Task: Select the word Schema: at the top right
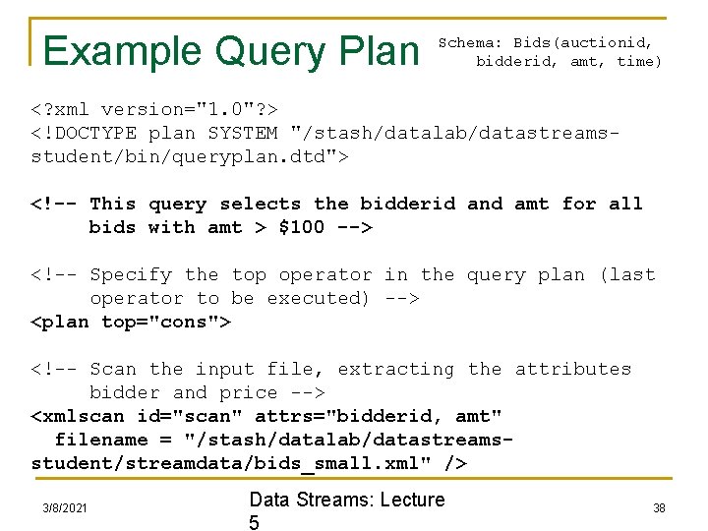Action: coord(470,42)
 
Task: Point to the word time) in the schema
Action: coord(639,61)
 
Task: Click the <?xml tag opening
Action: coord(61,109)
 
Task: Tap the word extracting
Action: coord(396,369)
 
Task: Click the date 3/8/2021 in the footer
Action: coord(65,507)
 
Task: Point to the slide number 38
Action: coord(658,507)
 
